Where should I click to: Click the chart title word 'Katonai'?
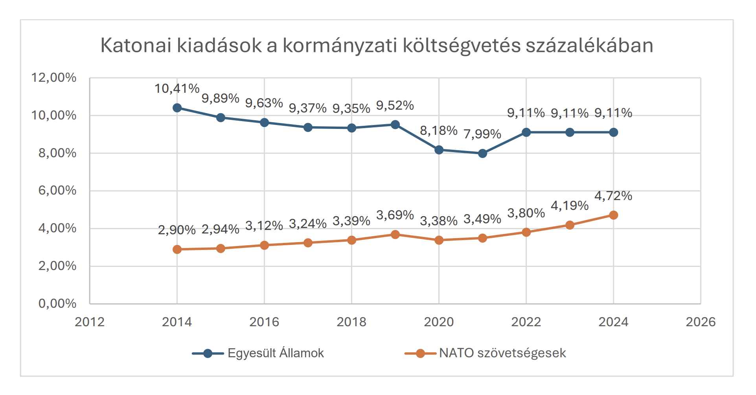136,46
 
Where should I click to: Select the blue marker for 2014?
177,108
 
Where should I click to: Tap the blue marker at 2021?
482,153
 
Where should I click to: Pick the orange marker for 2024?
613,215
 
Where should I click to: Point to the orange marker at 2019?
395,235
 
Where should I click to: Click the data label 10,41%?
177,89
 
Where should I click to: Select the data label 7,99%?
482,134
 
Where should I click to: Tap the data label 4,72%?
613,196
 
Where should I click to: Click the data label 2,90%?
177,230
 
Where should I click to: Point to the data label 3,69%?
395,215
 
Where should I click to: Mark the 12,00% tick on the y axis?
54,77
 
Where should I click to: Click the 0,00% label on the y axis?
57,303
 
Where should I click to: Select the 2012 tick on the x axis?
90,322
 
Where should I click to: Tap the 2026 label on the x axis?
701,322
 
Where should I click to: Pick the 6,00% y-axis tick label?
57,191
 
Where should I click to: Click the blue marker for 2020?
439,150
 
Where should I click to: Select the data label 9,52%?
395,106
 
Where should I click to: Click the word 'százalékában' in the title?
589,46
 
